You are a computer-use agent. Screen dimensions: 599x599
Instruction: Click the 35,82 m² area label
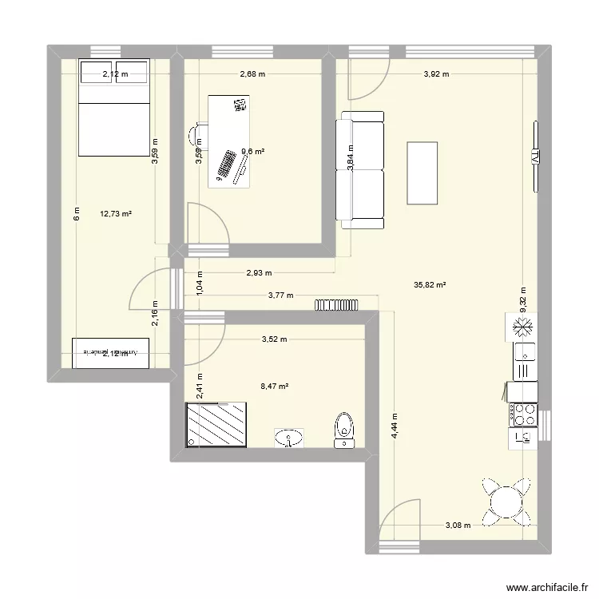coord(429,284)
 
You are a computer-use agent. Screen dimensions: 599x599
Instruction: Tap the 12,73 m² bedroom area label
coord(116,213)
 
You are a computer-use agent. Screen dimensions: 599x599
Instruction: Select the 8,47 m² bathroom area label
coord(274,387)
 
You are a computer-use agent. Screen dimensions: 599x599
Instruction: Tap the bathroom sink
coord(289,437)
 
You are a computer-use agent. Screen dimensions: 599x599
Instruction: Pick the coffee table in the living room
coord(422,173)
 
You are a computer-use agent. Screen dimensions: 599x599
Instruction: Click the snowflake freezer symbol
coord(523,327)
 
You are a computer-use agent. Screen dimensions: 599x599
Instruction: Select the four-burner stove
coord(524,413)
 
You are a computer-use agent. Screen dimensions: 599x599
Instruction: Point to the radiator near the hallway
coord(339,304)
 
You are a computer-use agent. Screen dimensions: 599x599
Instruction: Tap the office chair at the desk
coord(197,136)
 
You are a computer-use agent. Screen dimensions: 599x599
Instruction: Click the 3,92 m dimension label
coord(435,75)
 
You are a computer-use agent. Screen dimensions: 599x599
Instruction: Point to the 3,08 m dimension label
coord(458,525)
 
